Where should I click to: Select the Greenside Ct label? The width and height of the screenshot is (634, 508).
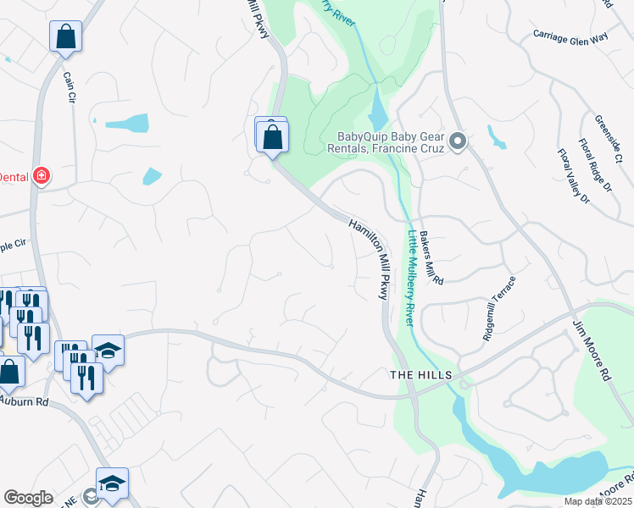tap(609, 139)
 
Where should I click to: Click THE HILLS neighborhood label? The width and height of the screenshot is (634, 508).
tap(420, 375)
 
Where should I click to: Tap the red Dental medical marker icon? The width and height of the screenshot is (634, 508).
tap(41, 176)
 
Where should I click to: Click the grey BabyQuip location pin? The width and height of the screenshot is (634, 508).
tap(459, 141)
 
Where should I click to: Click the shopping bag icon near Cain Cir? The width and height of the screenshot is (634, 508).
tap(65, 36)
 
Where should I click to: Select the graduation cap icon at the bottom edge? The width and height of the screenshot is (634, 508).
tap(112, 483)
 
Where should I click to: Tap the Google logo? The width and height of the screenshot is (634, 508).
tap(28, 498)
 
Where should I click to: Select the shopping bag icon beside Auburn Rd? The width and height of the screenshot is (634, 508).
tap(10, 371)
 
